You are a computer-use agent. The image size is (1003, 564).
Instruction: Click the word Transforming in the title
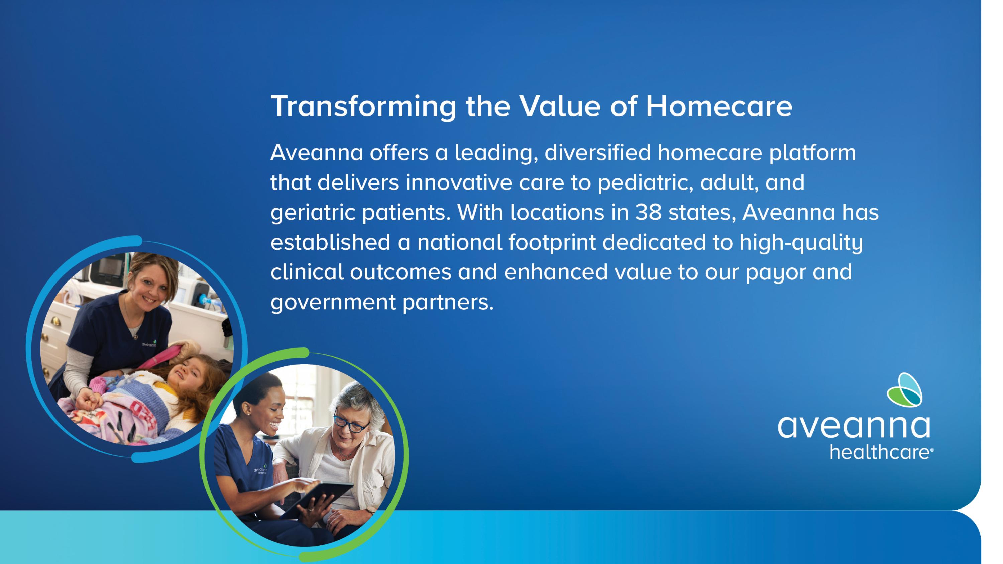pos(363,107)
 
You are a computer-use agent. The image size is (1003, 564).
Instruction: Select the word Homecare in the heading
pos(719,106)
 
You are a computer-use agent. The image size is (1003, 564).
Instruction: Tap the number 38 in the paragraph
pos(648,213)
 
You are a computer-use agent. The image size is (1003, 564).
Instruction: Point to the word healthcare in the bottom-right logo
pos(881,452)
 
